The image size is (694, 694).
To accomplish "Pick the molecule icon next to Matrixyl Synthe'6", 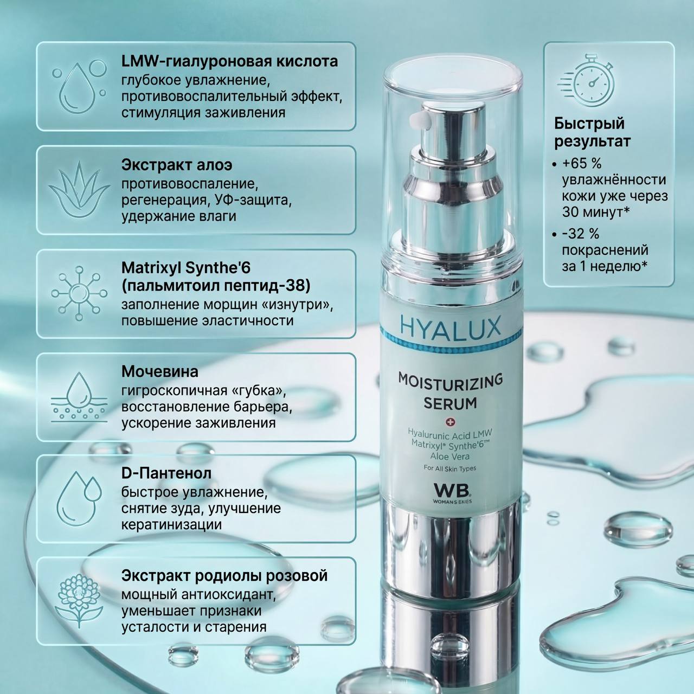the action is pos(79,293).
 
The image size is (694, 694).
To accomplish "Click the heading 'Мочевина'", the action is pos(160,371).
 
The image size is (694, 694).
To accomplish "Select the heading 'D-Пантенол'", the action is pos(166,473).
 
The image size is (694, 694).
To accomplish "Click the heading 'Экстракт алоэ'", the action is pos(177,165).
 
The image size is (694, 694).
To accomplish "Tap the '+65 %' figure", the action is pos(582,164).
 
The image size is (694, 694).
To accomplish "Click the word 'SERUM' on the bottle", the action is pos(450,404).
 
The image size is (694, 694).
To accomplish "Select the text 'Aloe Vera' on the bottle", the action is pos(450,457).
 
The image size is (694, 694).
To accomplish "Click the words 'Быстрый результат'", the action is pos(593,132).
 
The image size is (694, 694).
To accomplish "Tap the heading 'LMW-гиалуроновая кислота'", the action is pos(230,61).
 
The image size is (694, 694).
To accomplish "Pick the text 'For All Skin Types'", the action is pos(450,468).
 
